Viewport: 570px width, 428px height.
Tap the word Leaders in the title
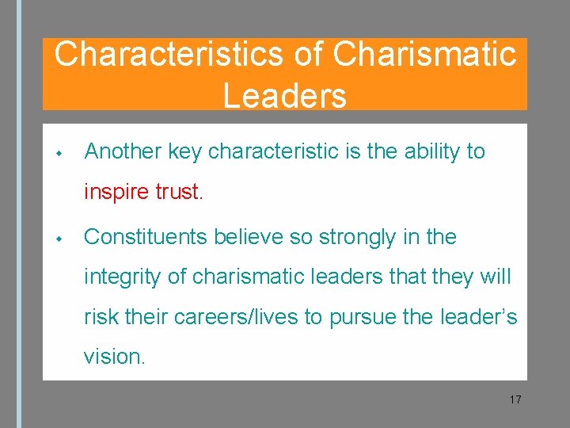[284, 95]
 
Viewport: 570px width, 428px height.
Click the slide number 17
[515, 399]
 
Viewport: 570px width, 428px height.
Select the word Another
[123, 151]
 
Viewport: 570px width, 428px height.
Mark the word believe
[253, 237]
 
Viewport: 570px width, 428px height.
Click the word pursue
[367, 317]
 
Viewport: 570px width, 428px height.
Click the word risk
[101, 317]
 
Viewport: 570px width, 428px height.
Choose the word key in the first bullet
[185, 151]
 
